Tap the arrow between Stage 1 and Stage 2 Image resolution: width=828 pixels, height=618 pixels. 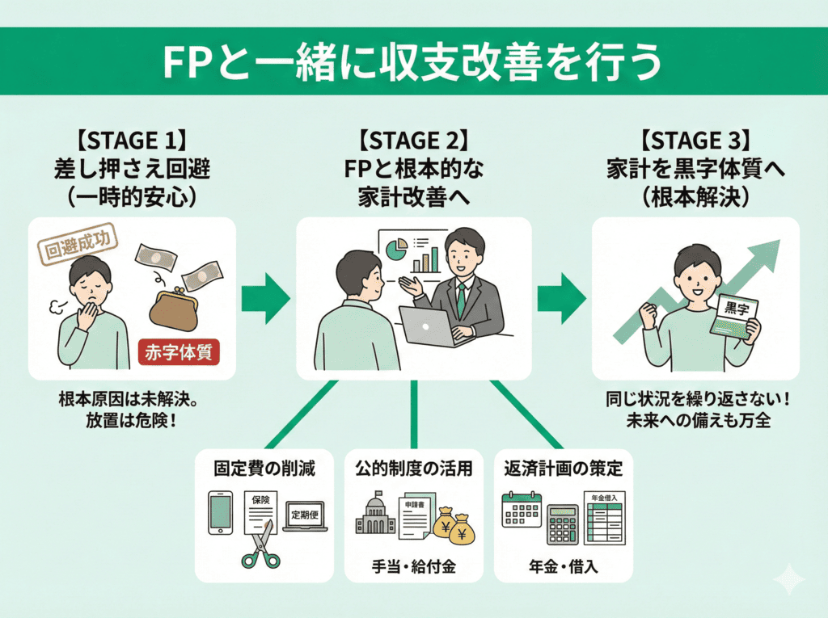pos(266,297)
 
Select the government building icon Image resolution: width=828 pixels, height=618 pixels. pos(374,515)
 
